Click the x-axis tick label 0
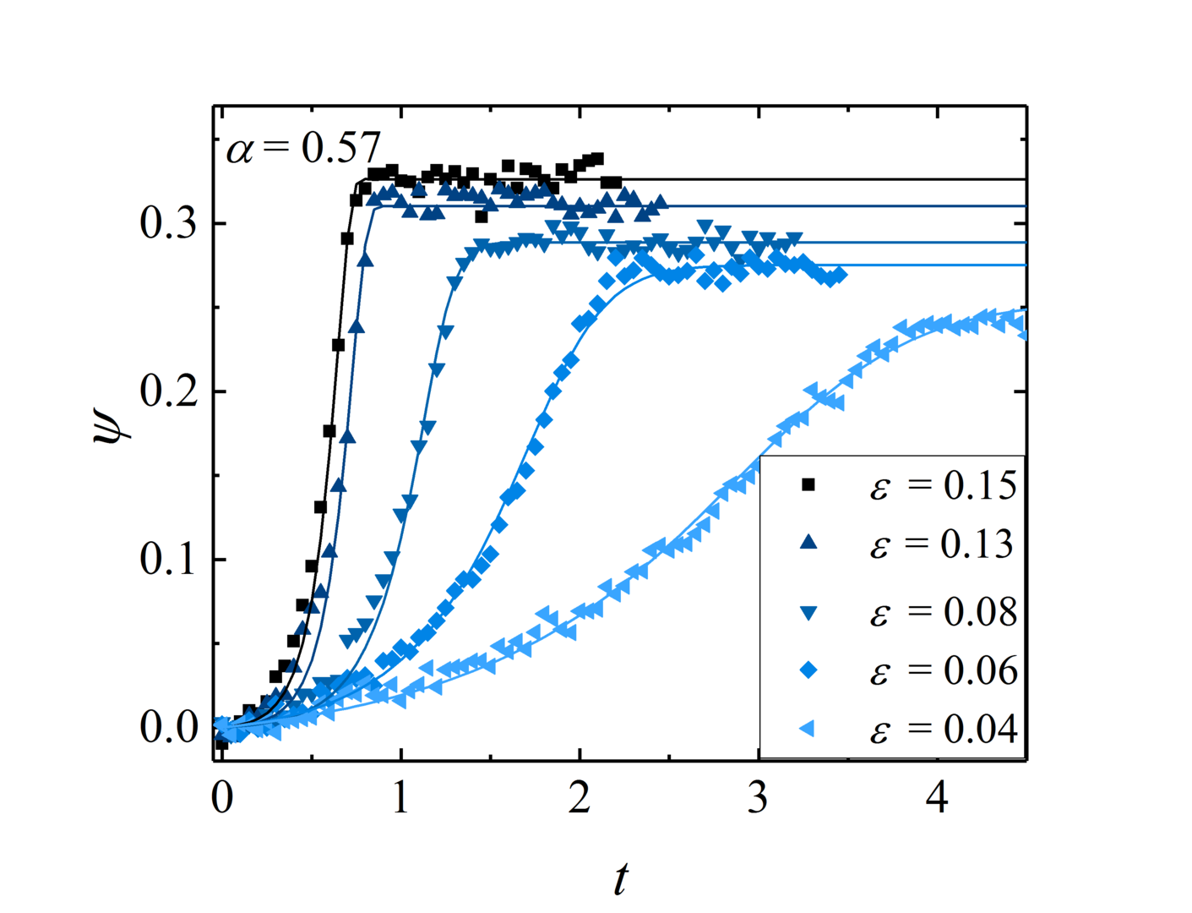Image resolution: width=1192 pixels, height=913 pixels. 221,798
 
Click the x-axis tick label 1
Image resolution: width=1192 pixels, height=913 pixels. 400,798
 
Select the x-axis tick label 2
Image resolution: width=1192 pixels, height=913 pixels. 580,798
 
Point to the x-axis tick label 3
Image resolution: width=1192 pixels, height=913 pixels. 758,798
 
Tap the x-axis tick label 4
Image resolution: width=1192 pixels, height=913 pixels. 937,798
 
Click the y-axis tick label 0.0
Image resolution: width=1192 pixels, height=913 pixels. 169,727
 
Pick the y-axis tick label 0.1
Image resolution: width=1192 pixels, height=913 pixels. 169,560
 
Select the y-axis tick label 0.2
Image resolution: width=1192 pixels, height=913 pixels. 169,391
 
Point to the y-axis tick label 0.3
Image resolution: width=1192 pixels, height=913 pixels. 169,224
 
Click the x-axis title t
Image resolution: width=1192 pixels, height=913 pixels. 621,879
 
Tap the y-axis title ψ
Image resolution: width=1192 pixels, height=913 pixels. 112,419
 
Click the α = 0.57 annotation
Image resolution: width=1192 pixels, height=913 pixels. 303,149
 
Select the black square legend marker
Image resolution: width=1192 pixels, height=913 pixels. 808,484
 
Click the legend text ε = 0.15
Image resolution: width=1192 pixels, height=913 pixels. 943,486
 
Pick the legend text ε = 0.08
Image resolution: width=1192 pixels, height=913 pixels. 943,612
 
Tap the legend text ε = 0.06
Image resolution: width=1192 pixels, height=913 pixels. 943,670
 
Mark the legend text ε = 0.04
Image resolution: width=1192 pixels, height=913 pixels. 943,730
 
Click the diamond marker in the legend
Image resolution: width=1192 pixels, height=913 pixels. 808,670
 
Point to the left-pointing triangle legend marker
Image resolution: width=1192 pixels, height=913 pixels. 808,729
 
